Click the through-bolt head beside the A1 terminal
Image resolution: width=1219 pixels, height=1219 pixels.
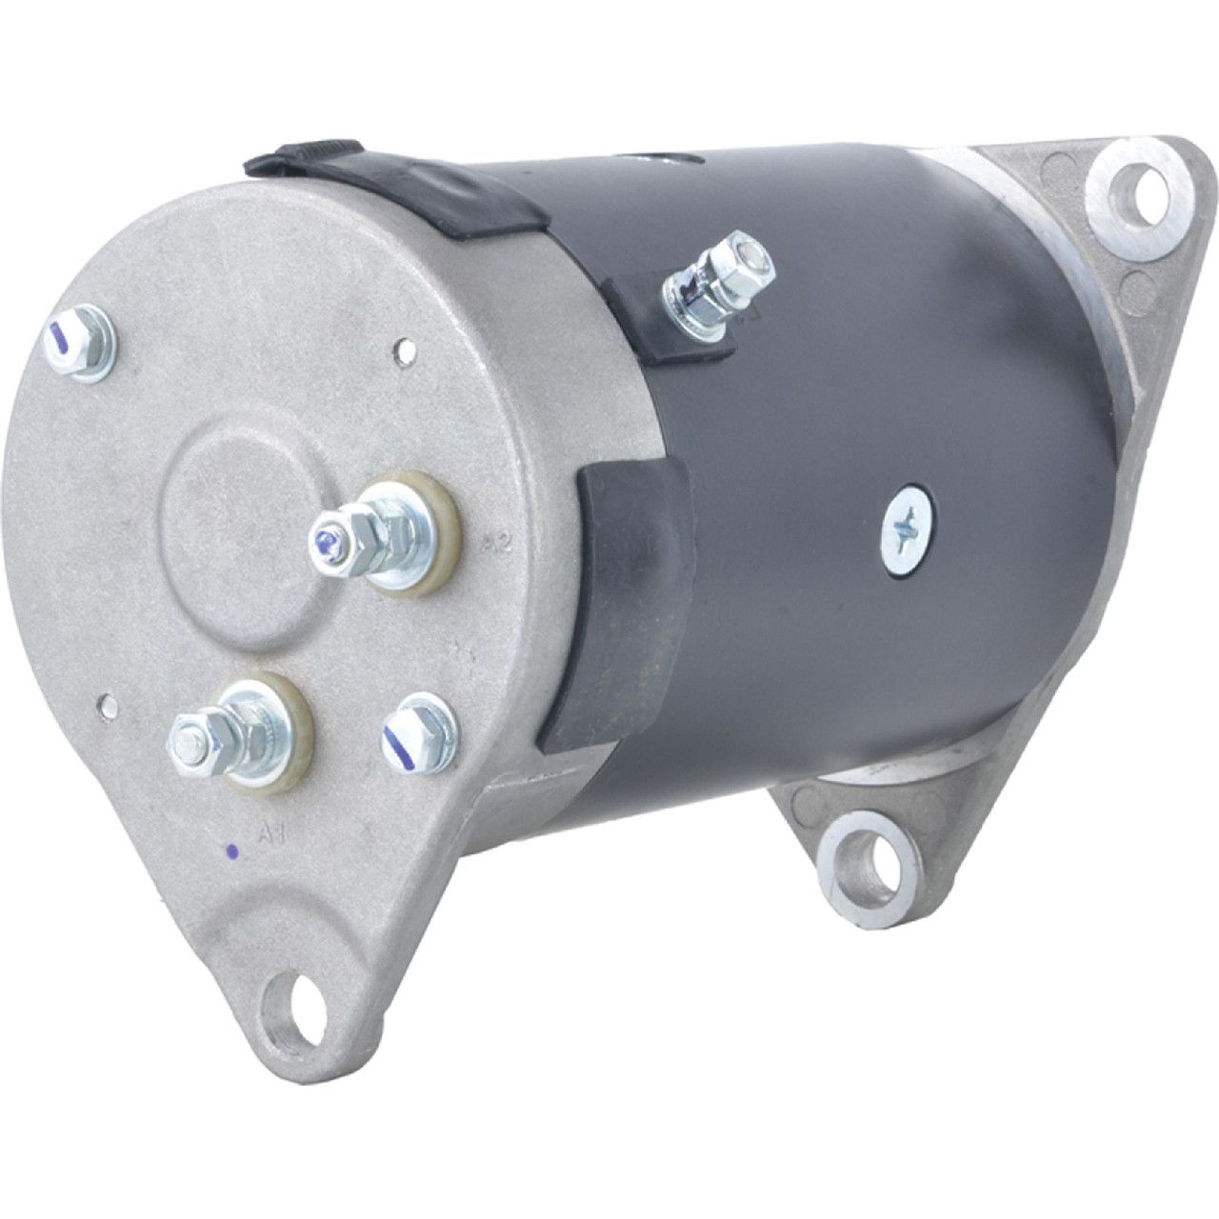coord(419,732)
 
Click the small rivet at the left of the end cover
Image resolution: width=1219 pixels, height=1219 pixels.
coord(110,706)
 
